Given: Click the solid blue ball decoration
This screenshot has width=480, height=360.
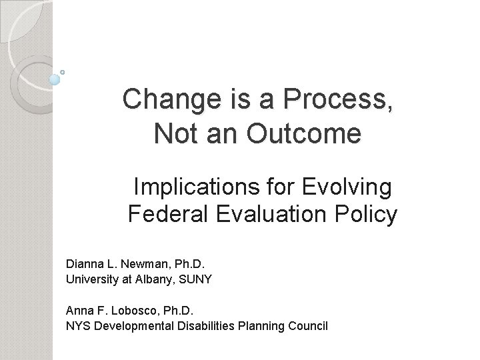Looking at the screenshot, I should [55, 79].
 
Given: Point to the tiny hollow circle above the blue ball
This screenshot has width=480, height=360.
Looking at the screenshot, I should [63, 71].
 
